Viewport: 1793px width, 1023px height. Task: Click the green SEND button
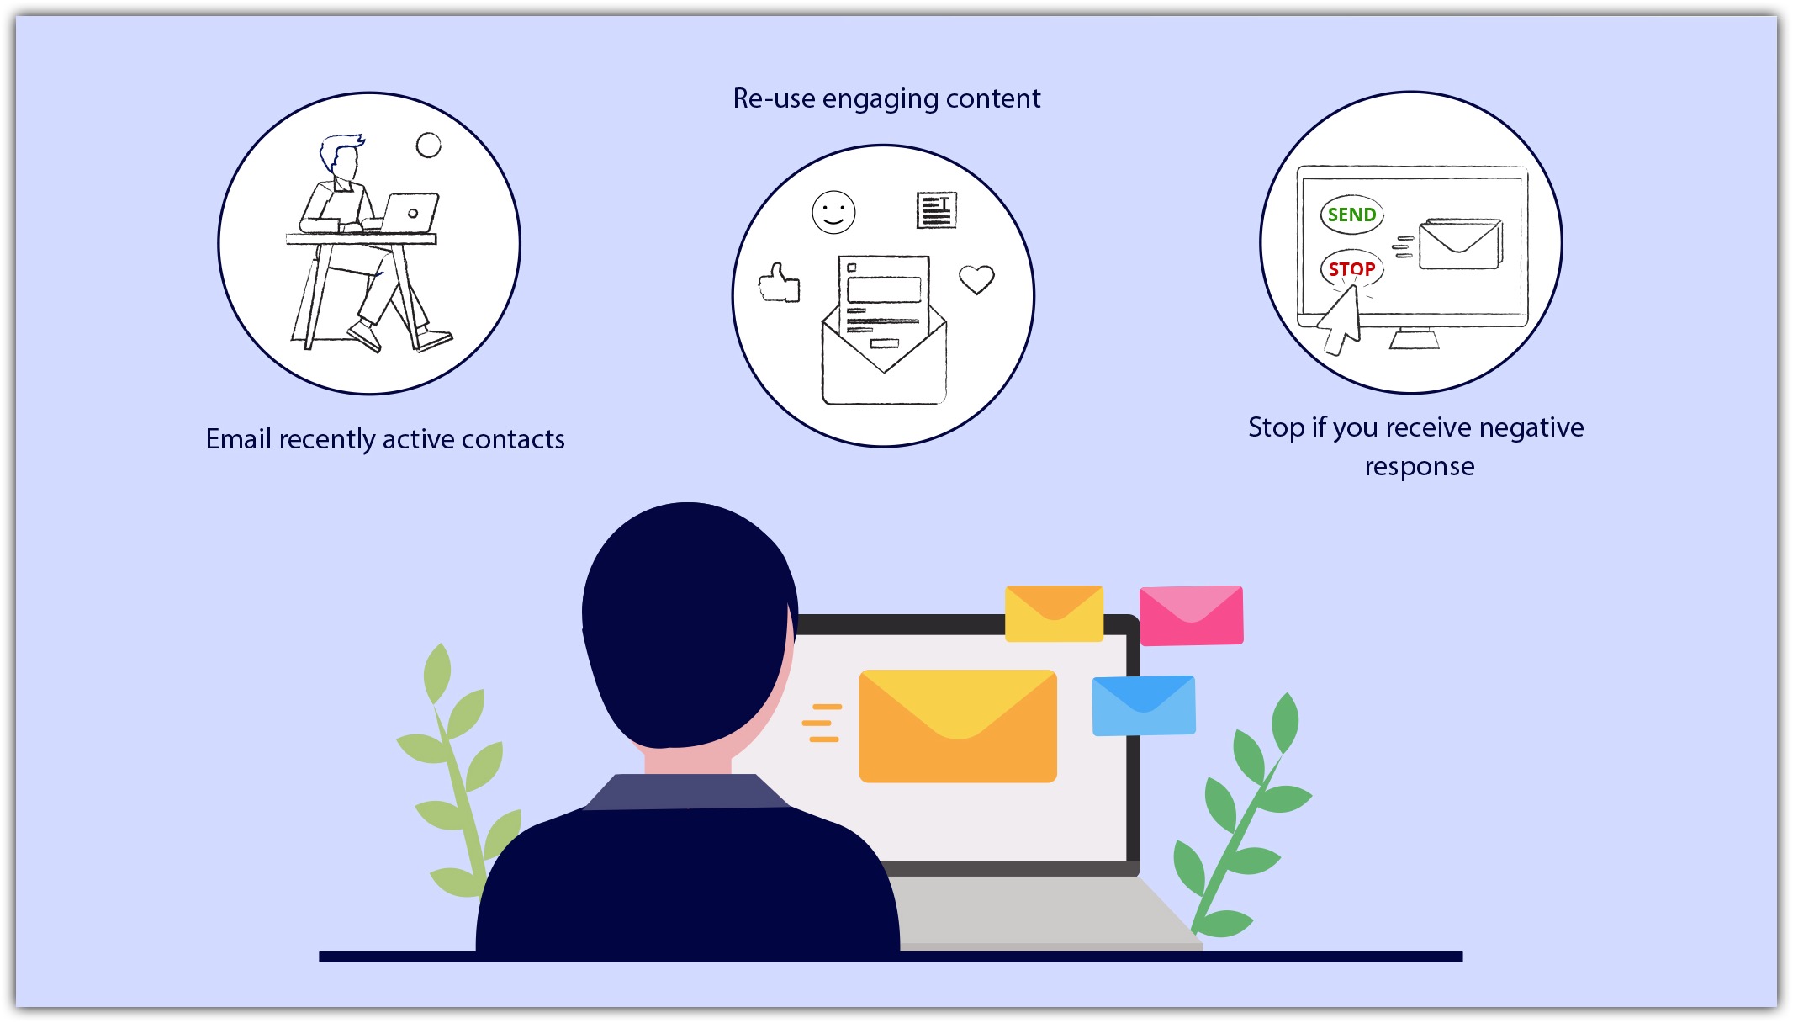pos(1351,215)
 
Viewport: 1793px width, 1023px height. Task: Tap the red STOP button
pos(1351,268)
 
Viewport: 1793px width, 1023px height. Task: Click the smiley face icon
pos(833,212)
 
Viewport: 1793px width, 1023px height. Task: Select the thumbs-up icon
pos(780,284)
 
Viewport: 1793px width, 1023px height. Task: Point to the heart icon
pos(976,279)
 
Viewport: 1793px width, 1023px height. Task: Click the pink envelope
pos(1191,616)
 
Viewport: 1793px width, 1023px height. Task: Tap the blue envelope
pos(1144,705)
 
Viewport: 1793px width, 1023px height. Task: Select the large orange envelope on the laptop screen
pos(958,726)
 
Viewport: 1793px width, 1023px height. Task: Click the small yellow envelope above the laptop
pos(1054,613)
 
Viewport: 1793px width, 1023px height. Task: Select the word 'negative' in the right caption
pos(1531,428)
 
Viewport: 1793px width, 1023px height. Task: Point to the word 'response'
pos(1420,467)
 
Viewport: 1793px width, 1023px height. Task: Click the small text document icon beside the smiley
pos(937,210)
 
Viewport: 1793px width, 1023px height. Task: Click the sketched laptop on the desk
pos(410,214)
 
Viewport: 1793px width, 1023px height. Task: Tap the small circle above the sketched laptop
pos(429,146)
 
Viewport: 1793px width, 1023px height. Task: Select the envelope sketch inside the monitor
pos(1460,244)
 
